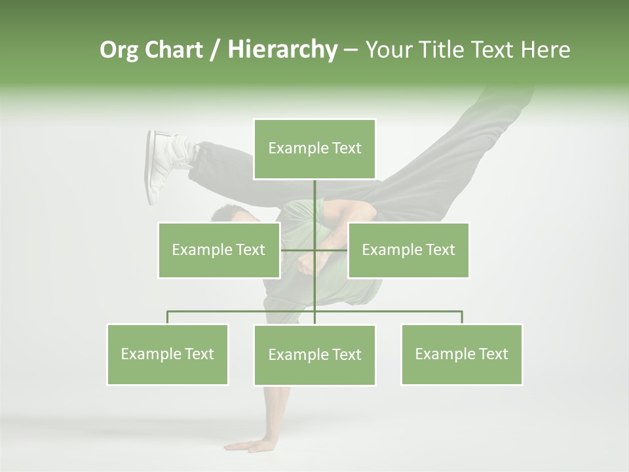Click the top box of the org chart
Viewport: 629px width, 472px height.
tap(314, 149)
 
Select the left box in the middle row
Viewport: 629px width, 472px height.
tap(219, 250)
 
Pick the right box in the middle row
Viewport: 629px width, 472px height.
tap(408, 250)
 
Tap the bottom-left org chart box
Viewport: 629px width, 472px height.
tap(168, 354)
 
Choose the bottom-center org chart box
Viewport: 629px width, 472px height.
tap(314, 355)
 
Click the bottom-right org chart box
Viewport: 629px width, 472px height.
tap(461, 354)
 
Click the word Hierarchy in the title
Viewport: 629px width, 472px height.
tap(282, 49)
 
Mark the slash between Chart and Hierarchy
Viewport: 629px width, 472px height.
tap(215, 50)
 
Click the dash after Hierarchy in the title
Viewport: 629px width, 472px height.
tap(351, 50)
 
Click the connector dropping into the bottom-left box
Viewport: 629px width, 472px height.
tap(168, 317)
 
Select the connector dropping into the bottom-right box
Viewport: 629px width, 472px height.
tap(461, 317)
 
